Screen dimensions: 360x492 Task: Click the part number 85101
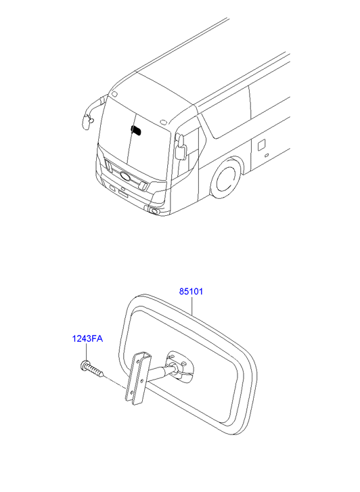click(191, 292)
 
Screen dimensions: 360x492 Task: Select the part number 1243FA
click(87, 339)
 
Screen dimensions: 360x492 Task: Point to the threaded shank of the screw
click(95, 371)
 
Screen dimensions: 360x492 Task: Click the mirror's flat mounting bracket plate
click(139, 379)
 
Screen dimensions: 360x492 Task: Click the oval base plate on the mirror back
click(180, 365)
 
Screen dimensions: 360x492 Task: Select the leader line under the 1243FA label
click(86, 352)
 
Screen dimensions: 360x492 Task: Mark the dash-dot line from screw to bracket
click(114, 383)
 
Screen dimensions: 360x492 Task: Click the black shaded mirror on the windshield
click(136, 130)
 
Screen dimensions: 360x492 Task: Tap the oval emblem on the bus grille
click(126, 177)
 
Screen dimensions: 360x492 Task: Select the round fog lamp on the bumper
click(155, 211)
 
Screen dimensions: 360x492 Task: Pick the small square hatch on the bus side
click(261, 146)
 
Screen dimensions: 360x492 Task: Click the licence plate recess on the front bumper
click(122, 193)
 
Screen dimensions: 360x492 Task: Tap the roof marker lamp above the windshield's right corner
click(163, 122)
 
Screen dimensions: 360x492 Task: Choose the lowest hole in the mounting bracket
click(132, 393)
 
